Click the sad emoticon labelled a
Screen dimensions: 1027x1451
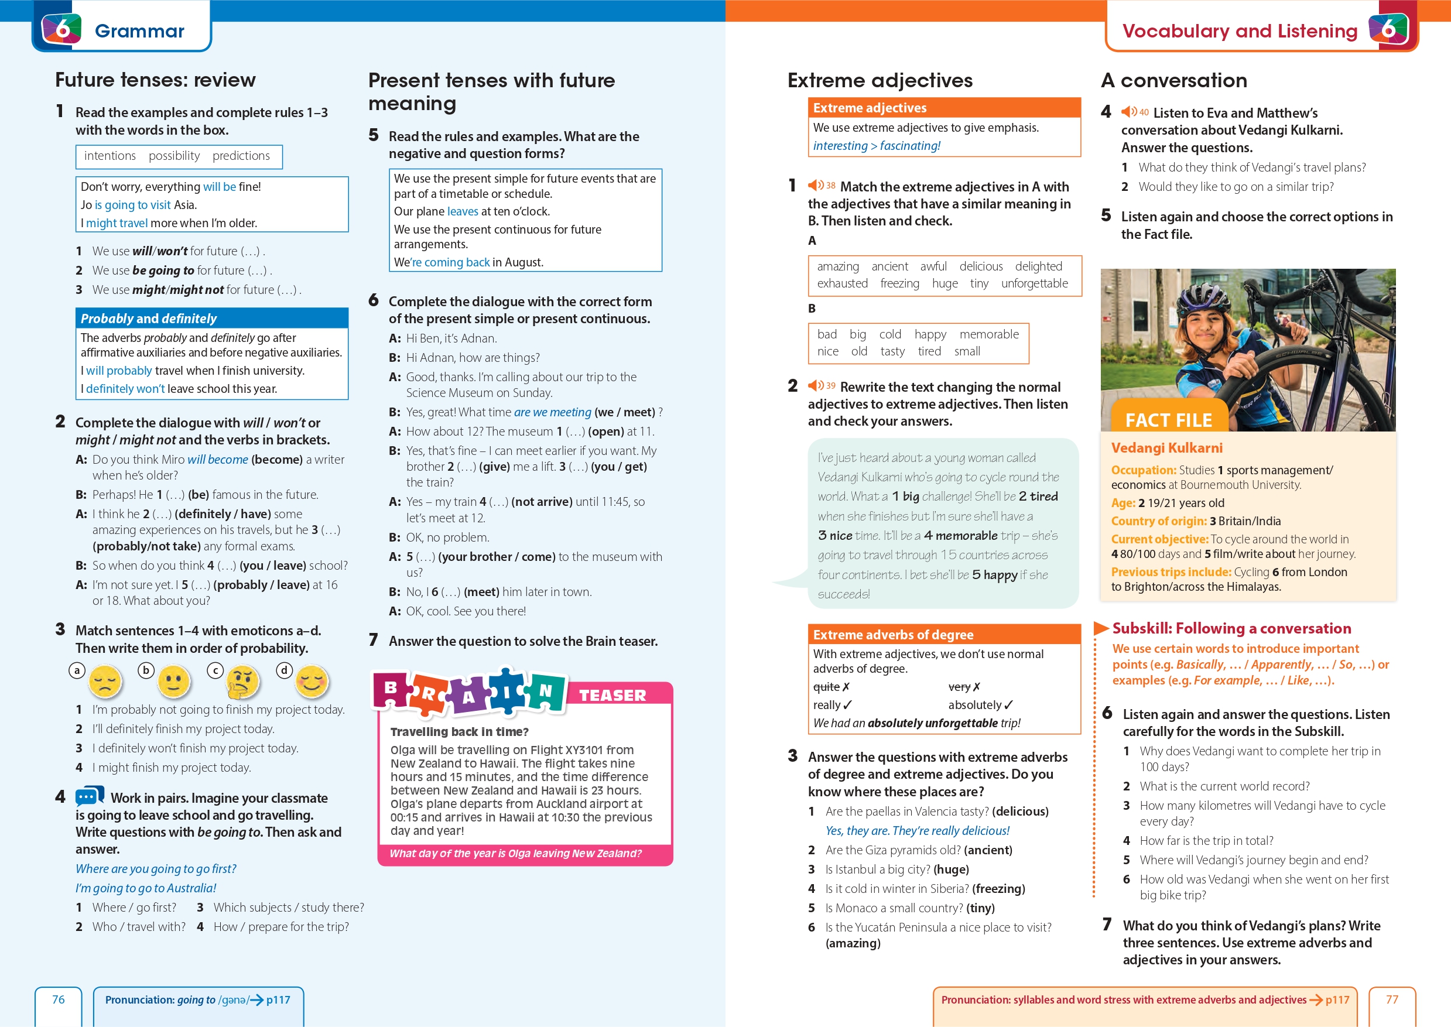(105, 682)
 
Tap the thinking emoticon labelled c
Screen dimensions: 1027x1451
(244, 682)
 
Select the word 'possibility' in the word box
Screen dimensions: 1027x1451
(174, 156)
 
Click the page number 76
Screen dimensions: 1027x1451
(58, 1000)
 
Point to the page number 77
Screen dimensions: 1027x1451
(1392, 1000)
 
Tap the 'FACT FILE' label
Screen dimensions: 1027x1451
(1168, 420)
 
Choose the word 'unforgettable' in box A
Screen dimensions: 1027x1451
(1034, 284)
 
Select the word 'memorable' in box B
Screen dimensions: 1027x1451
(989, 334)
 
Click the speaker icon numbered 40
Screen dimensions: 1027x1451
(1130, 112)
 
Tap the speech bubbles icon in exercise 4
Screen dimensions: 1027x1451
(90, 796)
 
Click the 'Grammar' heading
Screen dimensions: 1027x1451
(140, 31)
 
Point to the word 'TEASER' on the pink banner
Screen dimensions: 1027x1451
(612, 696)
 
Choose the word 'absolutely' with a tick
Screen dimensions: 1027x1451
(975, 705)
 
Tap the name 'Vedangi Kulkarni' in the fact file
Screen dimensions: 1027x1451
(1166, 449)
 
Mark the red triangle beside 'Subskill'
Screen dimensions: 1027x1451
(1101, 628)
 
